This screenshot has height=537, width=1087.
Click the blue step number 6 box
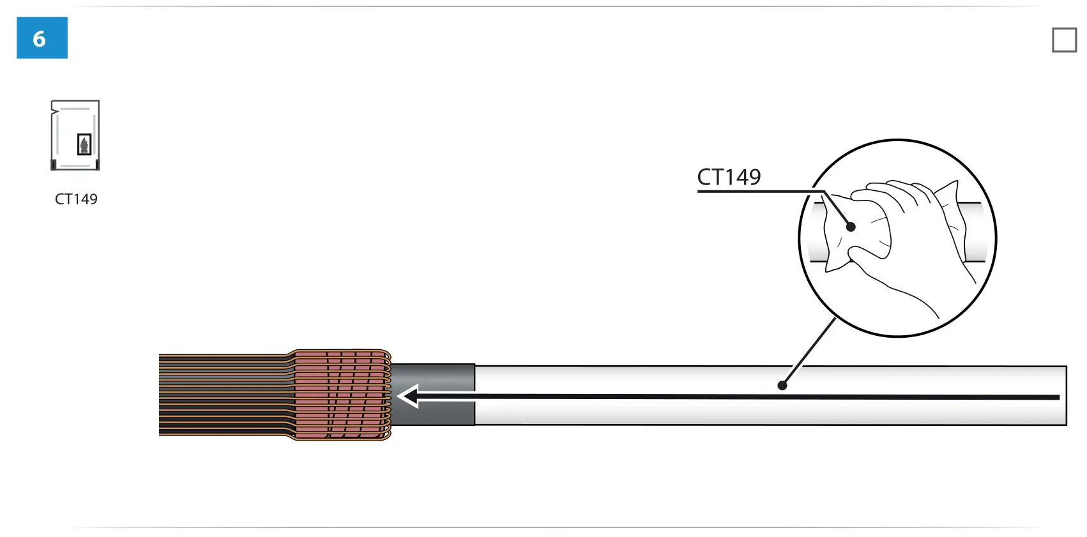tap(42, 38)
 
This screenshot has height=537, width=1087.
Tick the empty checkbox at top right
tap(1064, 40)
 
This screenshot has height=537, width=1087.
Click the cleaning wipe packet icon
tap(75, 135)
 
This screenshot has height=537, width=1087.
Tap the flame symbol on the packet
tap(84, 144)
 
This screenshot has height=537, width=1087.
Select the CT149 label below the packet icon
tap(76, 199)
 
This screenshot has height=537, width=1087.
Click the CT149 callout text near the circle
tap(729, 177)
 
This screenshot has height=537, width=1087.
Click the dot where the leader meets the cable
tap(782, 385)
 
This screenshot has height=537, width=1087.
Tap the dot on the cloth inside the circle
tap(851, 227)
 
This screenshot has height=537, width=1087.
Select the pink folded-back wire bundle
tap(338, 395)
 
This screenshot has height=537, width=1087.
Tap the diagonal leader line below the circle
tap(810, 351)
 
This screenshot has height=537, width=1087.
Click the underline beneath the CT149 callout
tap(754, 191)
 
